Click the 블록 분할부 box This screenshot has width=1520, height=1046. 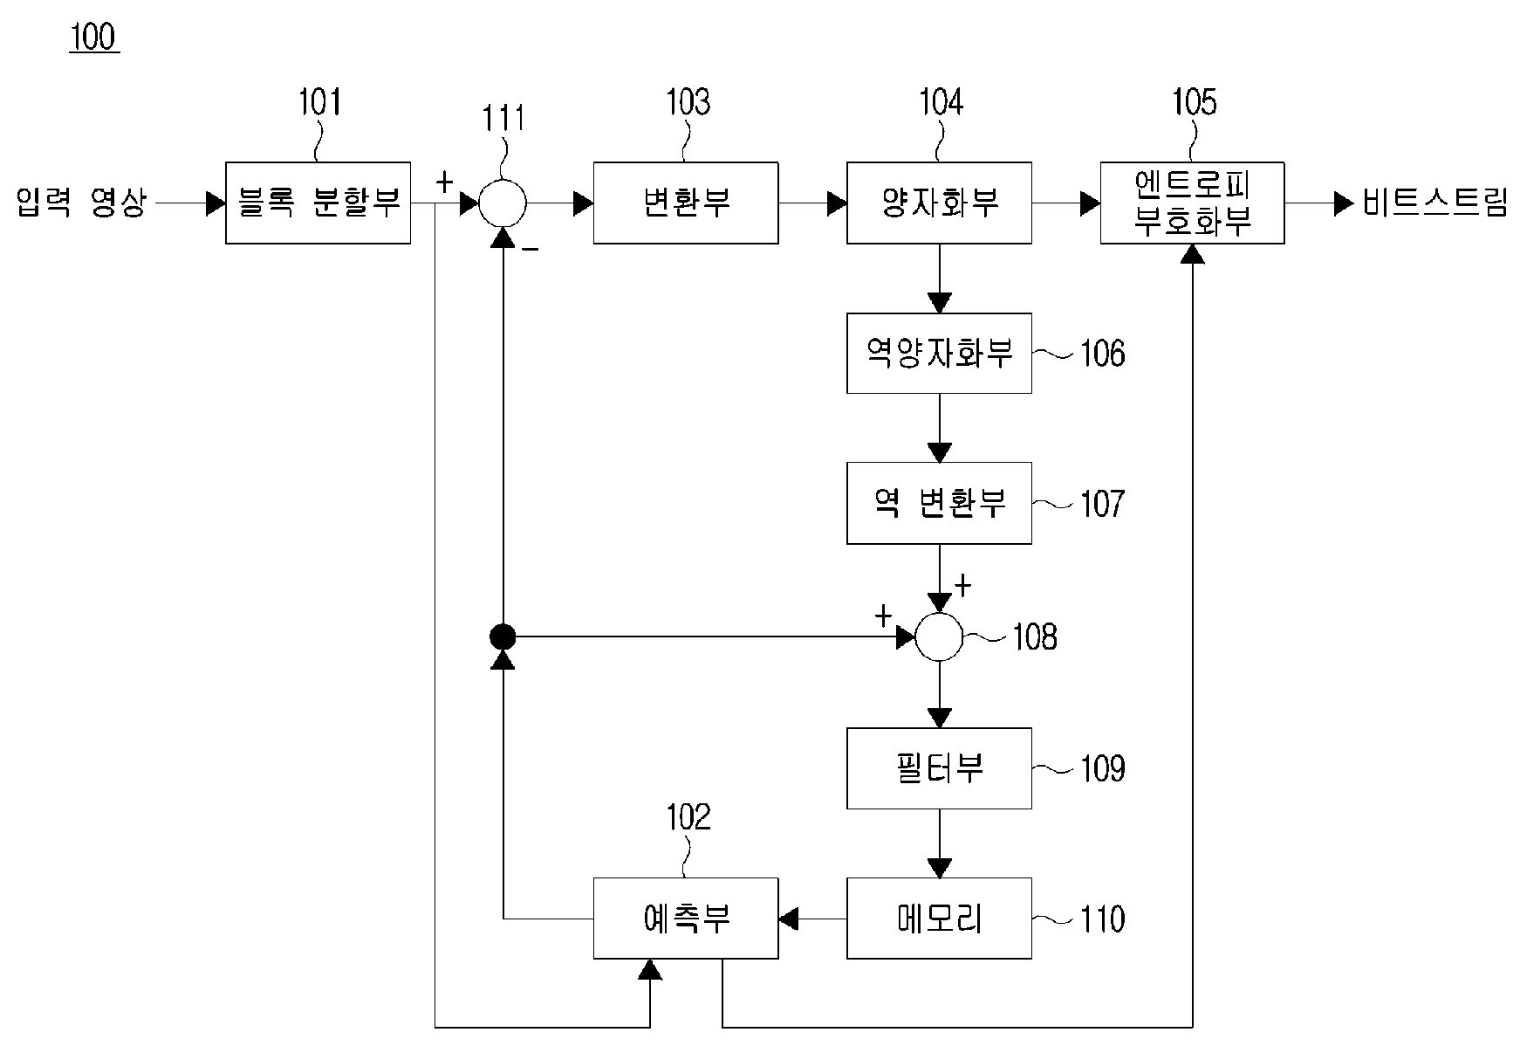pyautogui.click(x=318, y=203)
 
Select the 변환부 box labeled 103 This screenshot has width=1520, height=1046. pyautogui.click(x=686, y=203)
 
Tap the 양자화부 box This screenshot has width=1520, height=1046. pyautogui.click(x=939, y=203)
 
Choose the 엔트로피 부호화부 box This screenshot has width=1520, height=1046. pyautogui.click(x=1192, y=203)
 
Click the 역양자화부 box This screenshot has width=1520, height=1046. pyautogui.click(x=939, y=353)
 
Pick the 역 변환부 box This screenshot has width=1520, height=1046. pyautogui.click(x=939, y=503)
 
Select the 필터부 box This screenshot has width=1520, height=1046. pyautogui.click(x=939, y=768)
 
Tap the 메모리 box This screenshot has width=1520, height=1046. pyautogui.click(x=939, y=919)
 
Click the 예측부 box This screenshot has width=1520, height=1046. pyautogui.click(x=686, y=919)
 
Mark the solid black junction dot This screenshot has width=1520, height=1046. pyautogui.click(x=503, y=637)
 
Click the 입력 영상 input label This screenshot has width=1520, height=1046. pyautogui.click(x=80, y=203)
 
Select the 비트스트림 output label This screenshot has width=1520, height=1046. pyautogui.click(x=1434, y=203)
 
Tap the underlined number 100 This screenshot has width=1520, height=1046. pyautogui.click(x=93, y=38)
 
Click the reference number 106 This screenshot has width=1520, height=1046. pyautogui.click(x=1102, y=354)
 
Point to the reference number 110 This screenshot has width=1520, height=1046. pyautogui.click(x=1102, y=919)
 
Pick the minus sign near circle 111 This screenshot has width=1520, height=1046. pyautogui.click(x=530, y=250)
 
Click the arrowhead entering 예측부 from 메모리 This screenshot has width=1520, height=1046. pyautogui.click(x=789, y=919)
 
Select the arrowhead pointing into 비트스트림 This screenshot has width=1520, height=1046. pyautogui.click(x=1345, y=203)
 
